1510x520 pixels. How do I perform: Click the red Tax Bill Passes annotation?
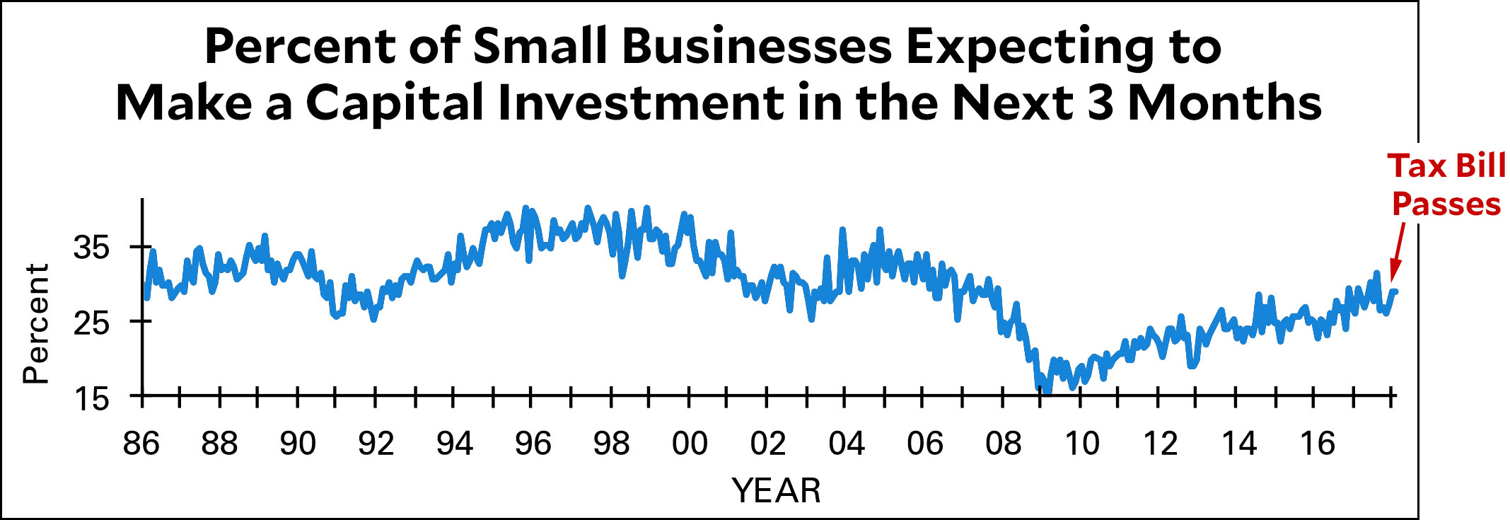click(x=1446, y=185)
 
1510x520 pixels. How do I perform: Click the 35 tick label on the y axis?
click(x=92, y=248)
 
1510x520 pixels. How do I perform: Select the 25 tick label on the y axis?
click(x=92, y=323)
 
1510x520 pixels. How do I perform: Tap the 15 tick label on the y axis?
click(x=92, y=400)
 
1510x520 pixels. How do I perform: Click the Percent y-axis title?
click(x=35, y=324)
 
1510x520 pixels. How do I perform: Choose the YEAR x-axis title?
click(x=776, y=490)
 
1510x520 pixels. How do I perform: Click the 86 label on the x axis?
click(x=141, y=444)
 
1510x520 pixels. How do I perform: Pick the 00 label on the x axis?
click(x=690, y=444)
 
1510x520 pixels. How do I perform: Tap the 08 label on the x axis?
click(x=1003, y=444)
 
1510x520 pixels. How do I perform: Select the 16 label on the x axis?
click(x=1317, y=444)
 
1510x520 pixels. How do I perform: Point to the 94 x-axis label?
click(x=454, y=444)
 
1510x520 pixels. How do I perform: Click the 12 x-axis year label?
click(x=1160, y=444)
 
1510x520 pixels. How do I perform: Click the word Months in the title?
click(x=1225, y=103)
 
